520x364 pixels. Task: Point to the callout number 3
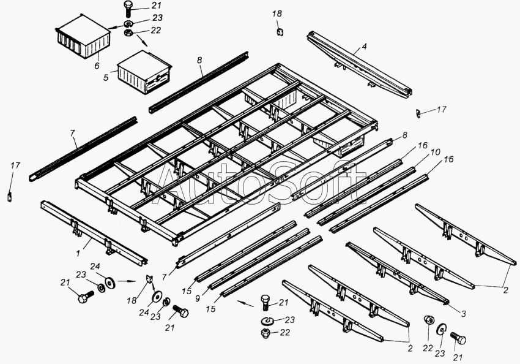[x=463, y=314]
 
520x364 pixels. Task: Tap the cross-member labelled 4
[x=361, y=64]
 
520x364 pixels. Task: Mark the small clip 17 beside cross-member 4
[x=419, y=112]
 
